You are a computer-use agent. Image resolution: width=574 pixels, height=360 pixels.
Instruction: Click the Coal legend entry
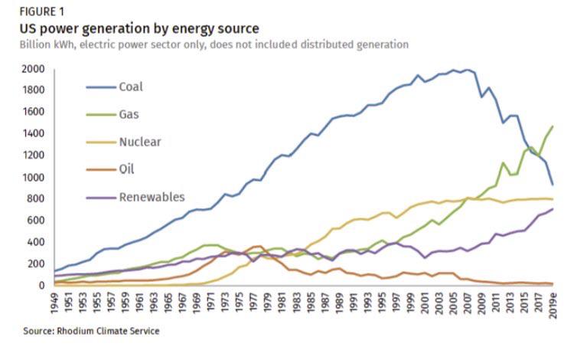click(130, 87)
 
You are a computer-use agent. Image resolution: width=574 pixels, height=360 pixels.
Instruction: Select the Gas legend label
click(129, 114)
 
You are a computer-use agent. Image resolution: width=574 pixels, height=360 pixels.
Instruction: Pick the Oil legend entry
click(126, 169)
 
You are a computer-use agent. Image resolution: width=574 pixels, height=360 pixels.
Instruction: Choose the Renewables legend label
click(152, 197)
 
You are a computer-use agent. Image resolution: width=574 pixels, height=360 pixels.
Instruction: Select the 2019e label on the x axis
click(553, 305)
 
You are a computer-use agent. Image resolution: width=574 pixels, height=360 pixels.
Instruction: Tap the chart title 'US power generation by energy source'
click(139, 28)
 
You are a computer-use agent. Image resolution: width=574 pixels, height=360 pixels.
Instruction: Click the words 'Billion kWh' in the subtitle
click(46, 44)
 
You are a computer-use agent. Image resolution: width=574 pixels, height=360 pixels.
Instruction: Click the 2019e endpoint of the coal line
click(553, 185)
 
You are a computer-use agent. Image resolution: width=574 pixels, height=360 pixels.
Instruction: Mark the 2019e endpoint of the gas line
click(553, 126)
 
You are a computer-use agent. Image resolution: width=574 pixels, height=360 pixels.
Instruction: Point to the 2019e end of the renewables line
click(553, 209)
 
